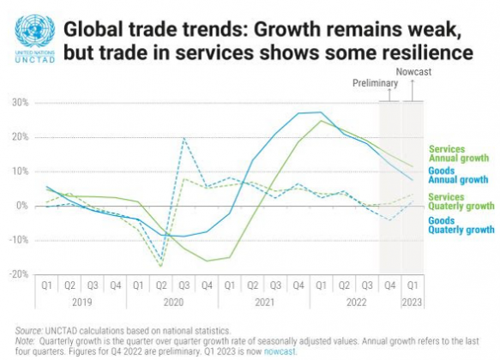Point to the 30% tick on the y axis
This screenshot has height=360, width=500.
pos(18,103)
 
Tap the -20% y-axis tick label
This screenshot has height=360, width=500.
pos(17,274)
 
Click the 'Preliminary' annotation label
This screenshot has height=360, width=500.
pos(377,83)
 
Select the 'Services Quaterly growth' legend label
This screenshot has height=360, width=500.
pos(461,201)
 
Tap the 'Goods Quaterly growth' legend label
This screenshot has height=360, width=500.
pos(461,225)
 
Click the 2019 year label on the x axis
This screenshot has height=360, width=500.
pos(81,302)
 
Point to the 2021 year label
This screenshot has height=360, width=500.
pos(265,302)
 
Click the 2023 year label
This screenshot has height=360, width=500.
pos(413,302)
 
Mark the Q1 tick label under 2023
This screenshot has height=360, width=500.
pos(413,285)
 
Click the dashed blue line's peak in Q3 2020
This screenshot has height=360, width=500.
pos(184,138)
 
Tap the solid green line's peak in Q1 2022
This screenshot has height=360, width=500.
pos(322,120)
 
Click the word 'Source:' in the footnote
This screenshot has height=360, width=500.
pos(31,330)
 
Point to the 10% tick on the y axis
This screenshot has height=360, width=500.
pos(18,171)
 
